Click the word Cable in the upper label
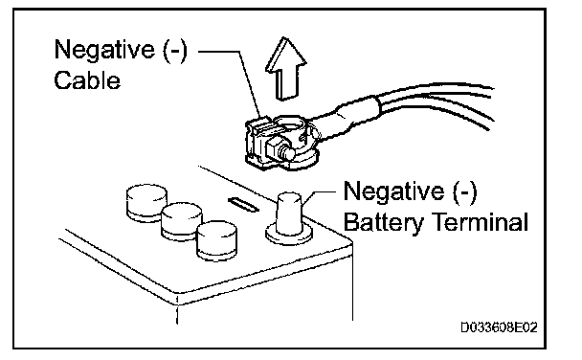[x=87, y=80]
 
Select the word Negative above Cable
[x=104, y=50]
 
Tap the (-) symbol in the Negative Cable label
[x=175, y=50]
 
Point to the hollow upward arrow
[x=285, y=69]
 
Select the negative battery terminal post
[x=289, y=214]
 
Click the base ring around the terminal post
[x=289, y=235]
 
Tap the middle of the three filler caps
[x=182, y=221]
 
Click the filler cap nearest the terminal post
[x=216, y=240]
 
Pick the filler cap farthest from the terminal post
[x=146, y=203]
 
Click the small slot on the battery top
[x=243, y=205]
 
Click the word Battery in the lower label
[x=383, y=223]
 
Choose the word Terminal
[x=481, y=222]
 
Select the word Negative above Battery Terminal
[x=393, y=191]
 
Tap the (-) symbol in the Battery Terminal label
[x=464, y=192]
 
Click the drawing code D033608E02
[x=499, y=327]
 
